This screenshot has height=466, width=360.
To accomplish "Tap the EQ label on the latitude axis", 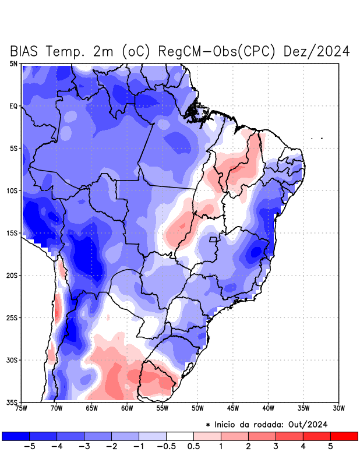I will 14,106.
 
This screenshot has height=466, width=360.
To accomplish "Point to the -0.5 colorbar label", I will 167,446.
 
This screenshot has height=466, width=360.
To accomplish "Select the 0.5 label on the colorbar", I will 194,446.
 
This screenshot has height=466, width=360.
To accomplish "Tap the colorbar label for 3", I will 276,446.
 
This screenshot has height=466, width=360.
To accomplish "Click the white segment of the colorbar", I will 180,436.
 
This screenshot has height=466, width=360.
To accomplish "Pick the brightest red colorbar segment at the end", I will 344,436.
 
